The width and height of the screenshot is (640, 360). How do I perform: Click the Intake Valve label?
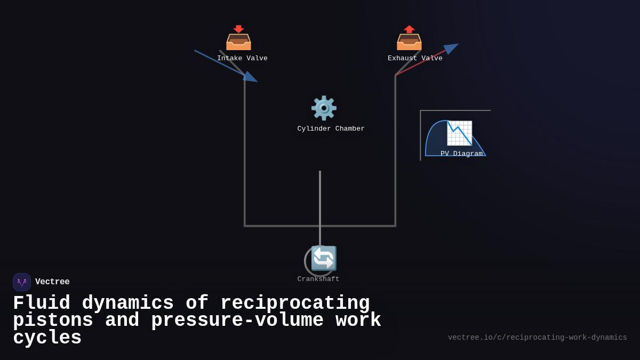tap(242, 59)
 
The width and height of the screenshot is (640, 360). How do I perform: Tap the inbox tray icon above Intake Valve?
tap(238, 38)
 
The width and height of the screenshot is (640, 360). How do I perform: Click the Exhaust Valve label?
tap(415, 59)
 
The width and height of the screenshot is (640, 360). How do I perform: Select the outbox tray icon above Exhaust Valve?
tap(409, 38)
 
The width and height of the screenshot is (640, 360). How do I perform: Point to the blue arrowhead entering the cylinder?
tap(251, 77)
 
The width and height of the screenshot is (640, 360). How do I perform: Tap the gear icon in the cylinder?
tap(324, 108)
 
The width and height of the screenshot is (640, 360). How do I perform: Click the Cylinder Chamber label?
tap(331, 129)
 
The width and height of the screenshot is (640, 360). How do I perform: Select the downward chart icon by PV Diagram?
tap(459, 133)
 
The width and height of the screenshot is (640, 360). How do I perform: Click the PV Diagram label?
tap(461, 154)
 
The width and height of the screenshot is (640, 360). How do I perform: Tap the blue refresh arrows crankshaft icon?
tap(324, 258)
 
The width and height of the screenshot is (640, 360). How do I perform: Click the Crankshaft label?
tap(318, 279)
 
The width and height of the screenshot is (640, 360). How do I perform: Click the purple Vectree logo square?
tap(22, 282)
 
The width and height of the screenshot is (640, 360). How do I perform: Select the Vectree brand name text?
tap(52, 282)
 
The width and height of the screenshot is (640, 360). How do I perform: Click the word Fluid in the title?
tap(42, 303)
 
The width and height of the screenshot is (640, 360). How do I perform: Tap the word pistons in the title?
tap(53, 321)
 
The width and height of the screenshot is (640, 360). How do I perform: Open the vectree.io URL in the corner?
tap(537, 338)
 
